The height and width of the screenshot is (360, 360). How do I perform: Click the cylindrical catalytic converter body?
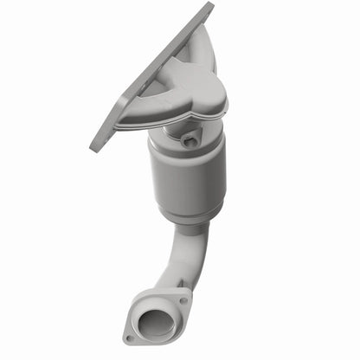coord(187,177)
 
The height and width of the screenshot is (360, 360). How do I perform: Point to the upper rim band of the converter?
coord(186,148)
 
